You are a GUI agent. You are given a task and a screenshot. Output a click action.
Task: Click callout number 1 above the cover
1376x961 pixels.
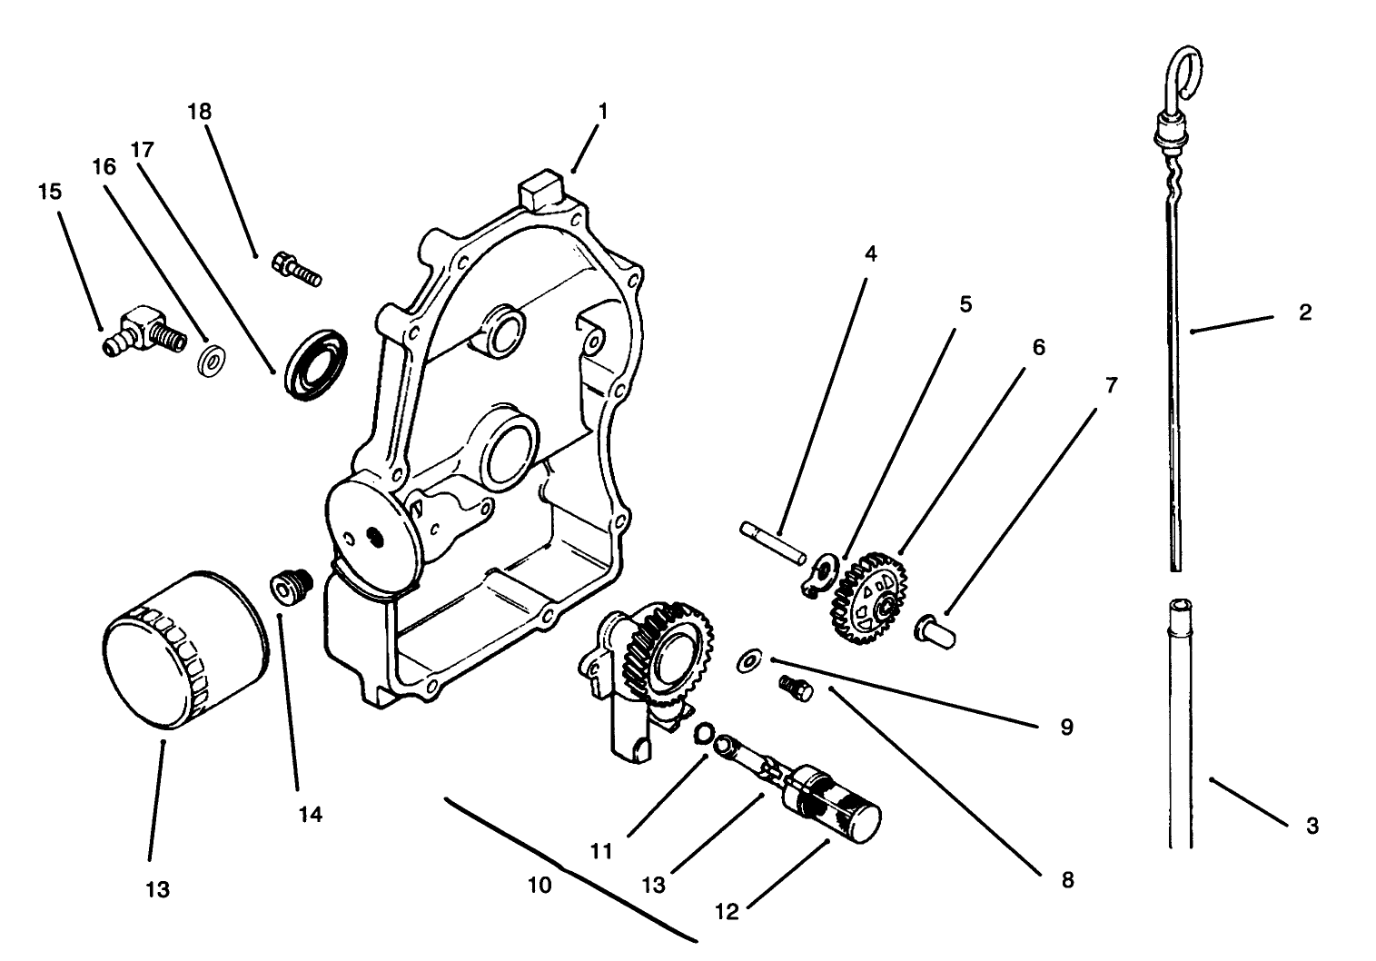pyautogui.click(x=602, y=112)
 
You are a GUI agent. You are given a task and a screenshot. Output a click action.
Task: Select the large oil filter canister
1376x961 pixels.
pyautogui.click(x=185, y=650)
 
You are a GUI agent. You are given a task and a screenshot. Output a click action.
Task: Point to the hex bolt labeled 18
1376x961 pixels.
pyautogui.click(x=295, y=269)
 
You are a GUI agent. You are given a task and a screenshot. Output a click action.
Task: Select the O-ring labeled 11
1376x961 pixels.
pyautogui.click(x=703, y=734)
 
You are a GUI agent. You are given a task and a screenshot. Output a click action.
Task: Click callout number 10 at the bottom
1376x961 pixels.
pyautogui.click(x=540, y=885)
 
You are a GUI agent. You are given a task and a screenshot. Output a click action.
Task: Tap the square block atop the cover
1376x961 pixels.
pyautogui.click(x=539, y=189)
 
